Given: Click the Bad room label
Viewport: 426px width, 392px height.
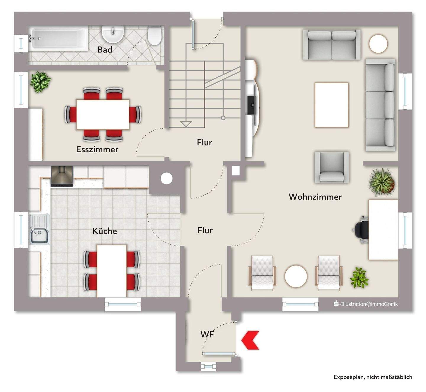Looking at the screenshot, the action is [x=105, y=50].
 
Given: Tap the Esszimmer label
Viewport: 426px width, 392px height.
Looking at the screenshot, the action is [x=97, y=149].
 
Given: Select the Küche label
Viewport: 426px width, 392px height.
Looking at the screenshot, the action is [x=105, y=231].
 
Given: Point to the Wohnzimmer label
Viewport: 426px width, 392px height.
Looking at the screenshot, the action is [x=315, y=197].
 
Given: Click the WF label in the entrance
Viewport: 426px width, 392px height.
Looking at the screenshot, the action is [x=207, y=335].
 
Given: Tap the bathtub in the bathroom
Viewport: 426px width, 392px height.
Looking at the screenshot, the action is [x=58, y=39].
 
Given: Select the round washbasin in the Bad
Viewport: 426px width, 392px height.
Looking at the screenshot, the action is [x=112, y=34].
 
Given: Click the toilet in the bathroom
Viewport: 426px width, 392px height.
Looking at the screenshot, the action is [x=154, y=36].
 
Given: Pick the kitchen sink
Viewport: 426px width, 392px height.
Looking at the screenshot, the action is [x=39, y=229].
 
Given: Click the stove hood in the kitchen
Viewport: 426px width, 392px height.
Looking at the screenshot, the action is [x=62, y=176].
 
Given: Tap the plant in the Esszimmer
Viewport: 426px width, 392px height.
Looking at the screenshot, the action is [x=40, y=82].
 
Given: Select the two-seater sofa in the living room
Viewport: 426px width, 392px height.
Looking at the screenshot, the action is [x=332, y=45].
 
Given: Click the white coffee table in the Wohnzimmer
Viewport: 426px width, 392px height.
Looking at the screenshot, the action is [x=332, y=105].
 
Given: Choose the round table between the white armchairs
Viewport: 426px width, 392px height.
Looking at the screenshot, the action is [x=296, y=276].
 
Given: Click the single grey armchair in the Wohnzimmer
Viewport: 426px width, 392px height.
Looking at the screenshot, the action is [x=332, y=167].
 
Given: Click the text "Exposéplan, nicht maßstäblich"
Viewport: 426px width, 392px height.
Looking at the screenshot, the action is [x=373, y=377].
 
